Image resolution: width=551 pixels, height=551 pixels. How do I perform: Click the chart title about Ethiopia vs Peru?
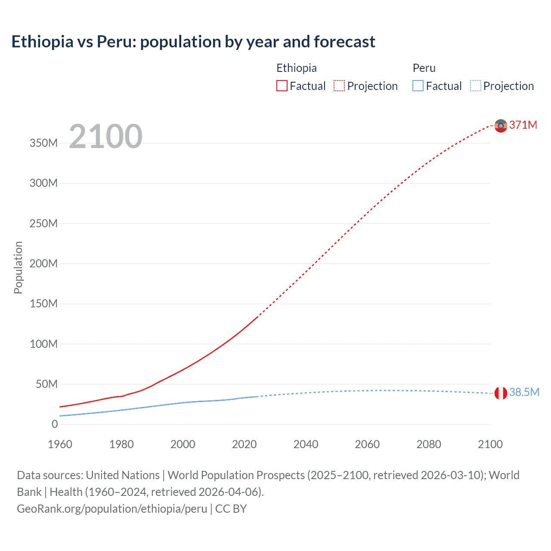click(x=193, y=42)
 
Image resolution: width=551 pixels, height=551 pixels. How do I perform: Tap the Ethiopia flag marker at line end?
click(x=501, y=126)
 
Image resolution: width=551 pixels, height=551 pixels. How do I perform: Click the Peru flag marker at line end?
click(x=501, y=393)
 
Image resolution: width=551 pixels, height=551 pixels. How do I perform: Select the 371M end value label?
click(x=523, y=125)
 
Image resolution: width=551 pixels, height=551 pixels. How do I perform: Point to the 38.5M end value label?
click(x=524, y=392)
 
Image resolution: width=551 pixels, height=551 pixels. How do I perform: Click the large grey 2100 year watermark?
click(x=105, y=136)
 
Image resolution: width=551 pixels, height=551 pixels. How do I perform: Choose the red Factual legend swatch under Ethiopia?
click(x=282, y=86)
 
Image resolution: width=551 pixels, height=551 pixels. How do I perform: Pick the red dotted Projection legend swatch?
click(x=339, y=86)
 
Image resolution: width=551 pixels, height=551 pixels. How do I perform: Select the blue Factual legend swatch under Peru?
click(x=418, y=86)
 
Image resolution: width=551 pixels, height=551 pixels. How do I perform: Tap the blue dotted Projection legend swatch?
click(x=476, y=86)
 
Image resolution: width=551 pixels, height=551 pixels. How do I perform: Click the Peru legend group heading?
click(x=424, y=68)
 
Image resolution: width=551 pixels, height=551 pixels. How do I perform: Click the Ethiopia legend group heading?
click(x=296, y=68)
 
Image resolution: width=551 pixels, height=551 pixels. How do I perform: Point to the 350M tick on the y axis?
click(x=43, y=143)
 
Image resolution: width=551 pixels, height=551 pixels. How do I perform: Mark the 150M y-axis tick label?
click(x=43, y=304)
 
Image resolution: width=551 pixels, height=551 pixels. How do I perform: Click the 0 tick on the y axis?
click(x=55, y=424)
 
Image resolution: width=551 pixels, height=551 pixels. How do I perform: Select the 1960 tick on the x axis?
click(x=60, y=444)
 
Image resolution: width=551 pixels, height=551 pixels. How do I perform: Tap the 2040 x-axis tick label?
click(x=306, y=444)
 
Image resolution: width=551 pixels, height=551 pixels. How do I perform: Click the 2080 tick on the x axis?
click(x=429, y=444)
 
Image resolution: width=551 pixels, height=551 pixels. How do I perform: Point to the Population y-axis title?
click(x=18, y=267)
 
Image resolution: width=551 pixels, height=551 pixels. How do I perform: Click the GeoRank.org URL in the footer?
click(x=112, y=509)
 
